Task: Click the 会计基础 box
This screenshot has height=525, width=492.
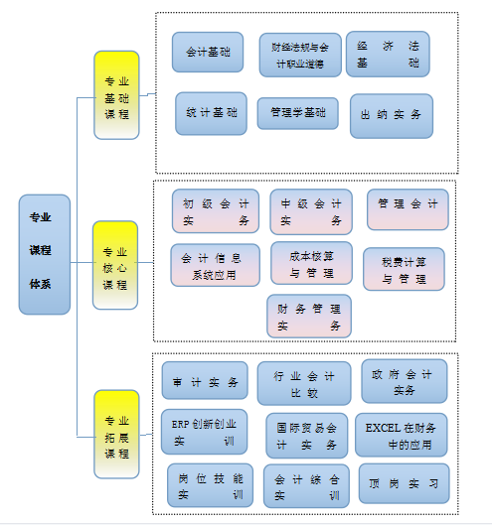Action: click(208, 53)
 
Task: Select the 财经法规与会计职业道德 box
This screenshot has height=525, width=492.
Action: click(300, 55)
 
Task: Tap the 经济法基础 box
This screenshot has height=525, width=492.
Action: click(388, 55)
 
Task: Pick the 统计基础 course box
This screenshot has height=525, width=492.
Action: click(212, 113)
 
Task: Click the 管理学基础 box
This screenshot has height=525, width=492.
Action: click(298, 113)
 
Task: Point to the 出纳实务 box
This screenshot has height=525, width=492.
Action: click(392, 116)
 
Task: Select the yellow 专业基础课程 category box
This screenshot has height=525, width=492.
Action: click(116, 95)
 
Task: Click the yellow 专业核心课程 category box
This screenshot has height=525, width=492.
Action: click(115, 265)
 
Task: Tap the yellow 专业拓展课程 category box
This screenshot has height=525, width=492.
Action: click(116, 435)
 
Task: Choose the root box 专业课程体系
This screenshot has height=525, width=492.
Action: click(45, 254)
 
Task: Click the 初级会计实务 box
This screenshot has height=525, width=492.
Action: click(216, 211)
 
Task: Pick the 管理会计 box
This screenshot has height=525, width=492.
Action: click(408, 209)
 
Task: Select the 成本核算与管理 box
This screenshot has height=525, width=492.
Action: click(311, 263)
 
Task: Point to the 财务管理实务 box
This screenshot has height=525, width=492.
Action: click(309, 316)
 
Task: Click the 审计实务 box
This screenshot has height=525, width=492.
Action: click(205, 380)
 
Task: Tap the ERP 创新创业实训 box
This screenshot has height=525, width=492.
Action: click(204, 432)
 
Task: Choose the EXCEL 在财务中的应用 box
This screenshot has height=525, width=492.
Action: click(402, 435)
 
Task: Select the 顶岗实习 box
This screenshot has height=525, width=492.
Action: click(405, 483)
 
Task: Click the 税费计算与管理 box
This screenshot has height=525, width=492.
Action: click(404, 269)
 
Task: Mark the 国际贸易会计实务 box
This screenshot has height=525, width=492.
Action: click(306, 436)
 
